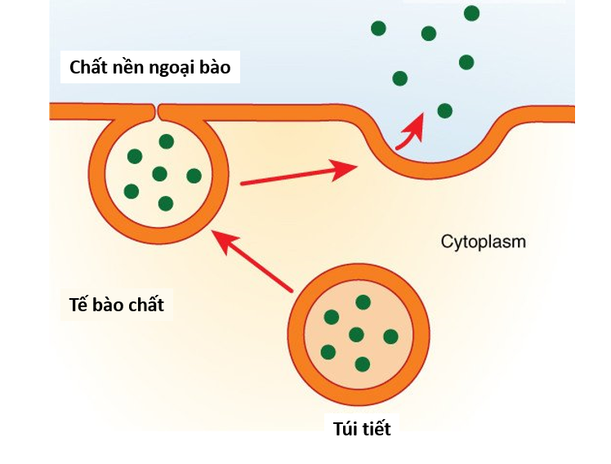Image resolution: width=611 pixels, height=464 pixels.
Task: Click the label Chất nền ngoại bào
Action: click(150, 67)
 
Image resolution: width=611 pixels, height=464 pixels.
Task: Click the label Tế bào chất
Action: click(117, 306)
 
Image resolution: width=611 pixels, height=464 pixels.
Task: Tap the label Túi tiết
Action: click(362, 428)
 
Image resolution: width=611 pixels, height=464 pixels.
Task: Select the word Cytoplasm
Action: click(484, 242)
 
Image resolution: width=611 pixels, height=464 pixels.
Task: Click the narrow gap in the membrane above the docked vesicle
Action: click(156, 109)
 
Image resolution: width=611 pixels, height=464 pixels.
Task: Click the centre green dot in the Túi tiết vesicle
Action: click(356, 334)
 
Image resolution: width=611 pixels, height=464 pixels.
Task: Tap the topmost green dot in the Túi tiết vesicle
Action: click(363, 302)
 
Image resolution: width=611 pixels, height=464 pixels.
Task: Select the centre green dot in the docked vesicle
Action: click(159, 173)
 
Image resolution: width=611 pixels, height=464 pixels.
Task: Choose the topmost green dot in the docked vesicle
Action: click(167, 141)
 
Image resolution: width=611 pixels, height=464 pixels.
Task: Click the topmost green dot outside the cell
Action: click(471, 13)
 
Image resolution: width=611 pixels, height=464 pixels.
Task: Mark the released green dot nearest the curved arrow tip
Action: click(444, 110)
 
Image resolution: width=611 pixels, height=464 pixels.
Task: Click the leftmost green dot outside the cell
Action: click(378, 29)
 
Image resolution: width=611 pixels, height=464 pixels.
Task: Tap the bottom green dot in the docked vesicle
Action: click(166, 203)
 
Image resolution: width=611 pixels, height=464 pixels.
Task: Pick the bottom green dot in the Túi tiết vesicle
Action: click(363, 364)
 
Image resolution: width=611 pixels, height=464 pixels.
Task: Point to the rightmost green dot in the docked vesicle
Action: click(194, 176)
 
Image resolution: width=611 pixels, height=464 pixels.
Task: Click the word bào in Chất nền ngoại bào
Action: click(213, 67)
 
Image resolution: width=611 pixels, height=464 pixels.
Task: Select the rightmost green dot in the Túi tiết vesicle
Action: click(390, 336)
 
